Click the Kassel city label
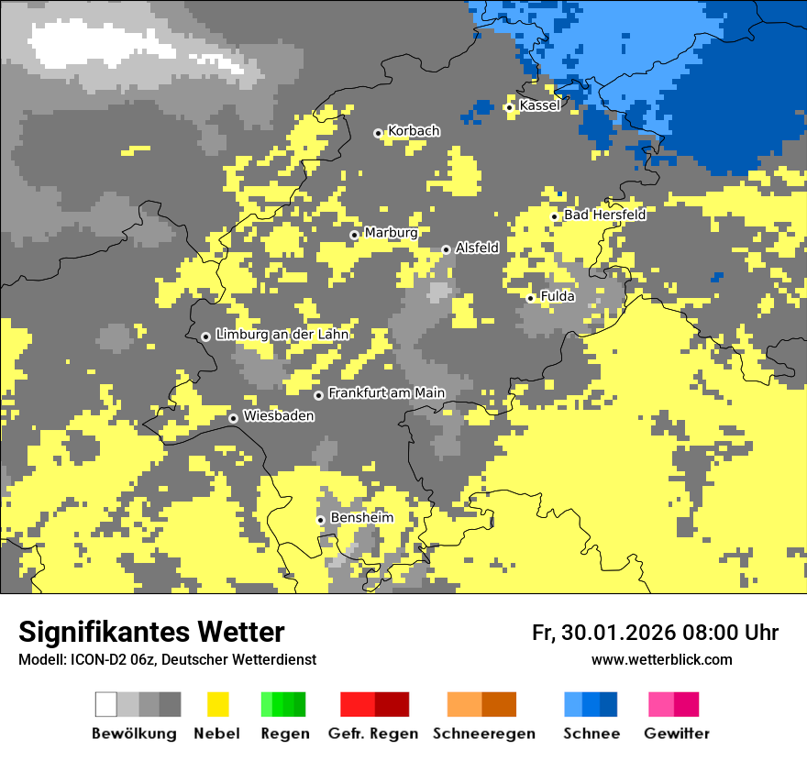(x=539, y=105)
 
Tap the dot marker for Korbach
(x=378, y=133)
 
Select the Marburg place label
(x=391, y=233)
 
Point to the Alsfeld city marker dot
(x=446, y=249)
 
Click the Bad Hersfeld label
(x=604, y=215)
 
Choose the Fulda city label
(x=558, y=296)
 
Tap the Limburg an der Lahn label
(x=282, y=335)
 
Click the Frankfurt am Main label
(x=386, y=393)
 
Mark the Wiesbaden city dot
(x=233, y=418)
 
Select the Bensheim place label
(x=361, y=518)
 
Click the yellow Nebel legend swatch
(x=217, y=704)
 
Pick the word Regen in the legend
(x=284, y=733)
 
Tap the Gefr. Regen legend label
(x=373, y=733)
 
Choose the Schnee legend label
(x=591, y=733)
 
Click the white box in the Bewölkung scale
(x=105, y=704)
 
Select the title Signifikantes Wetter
(x=151, y=632)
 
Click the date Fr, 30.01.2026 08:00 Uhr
(x=655, y=633)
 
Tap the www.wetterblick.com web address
(x=661, y=659)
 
